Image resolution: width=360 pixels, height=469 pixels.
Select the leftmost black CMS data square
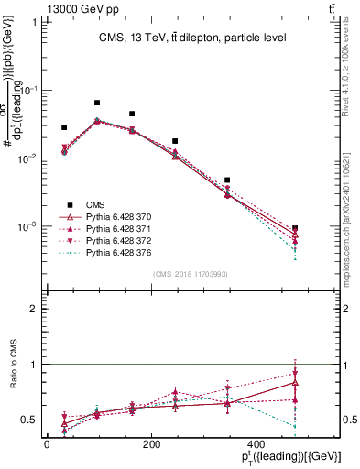[x=64, y=127]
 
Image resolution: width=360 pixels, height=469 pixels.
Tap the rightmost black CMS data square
[x=295, y=228]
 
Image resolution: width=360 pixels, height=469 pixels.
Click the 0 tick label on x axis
[x=47, y=444]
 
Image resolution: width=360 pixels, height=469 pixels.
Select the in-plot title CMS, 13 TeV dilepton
[x=192, y=38]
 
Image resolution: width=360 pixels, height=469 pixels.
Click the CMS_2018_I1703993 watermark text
[x=192, y=273]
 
